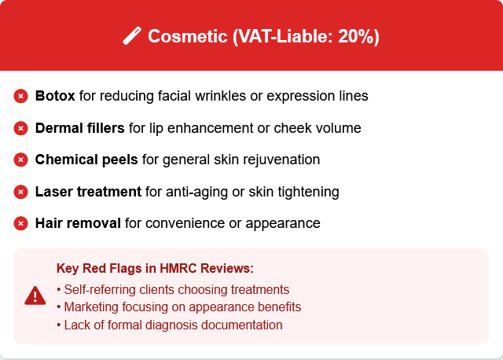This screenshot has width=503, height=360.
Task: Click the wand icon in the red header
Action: pos(132,35)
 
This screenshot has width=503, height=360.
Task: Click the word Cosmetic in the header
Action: pos(188,36)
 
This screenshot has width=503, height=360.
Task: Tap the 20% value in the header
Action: pos(354,36)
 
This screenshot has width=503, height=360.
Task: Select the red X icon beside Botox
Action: pos(21,96)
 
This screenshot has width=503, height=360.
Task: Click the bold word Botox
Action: pos(55,96)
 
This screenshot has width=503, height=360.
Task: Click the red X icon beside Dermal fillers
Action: pos(21,128)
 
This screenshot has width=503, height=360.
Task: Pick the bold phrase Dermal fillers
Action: pos(80,128)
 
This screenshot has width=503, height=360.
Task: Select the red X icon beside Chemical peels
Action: pos(21,160)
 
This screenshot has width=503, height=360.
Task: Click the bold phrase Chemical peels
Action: pos(86,160)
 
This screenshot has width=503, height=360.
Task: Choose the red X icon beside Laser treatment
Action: pos(21,192)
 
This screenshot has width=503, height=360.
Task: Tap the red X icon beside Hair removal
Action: pos(21,223)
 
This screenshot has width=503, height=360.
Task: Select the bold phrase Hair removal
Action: pos(78,223)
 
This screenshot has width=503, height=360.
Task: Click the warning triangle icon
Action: pos(35,296)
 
